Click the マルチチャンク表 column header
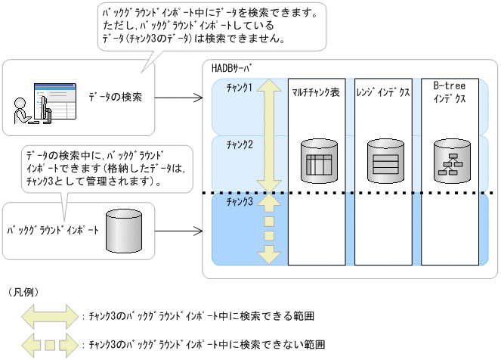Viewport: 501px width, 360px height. click(316, 92)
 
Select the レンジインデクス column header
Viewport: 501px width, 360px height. click(382, 92)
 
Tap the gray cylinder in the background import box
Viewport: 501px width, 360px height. click(124, 231)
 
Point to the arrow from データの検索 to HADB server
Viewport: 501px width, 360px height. click(182, 98)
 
